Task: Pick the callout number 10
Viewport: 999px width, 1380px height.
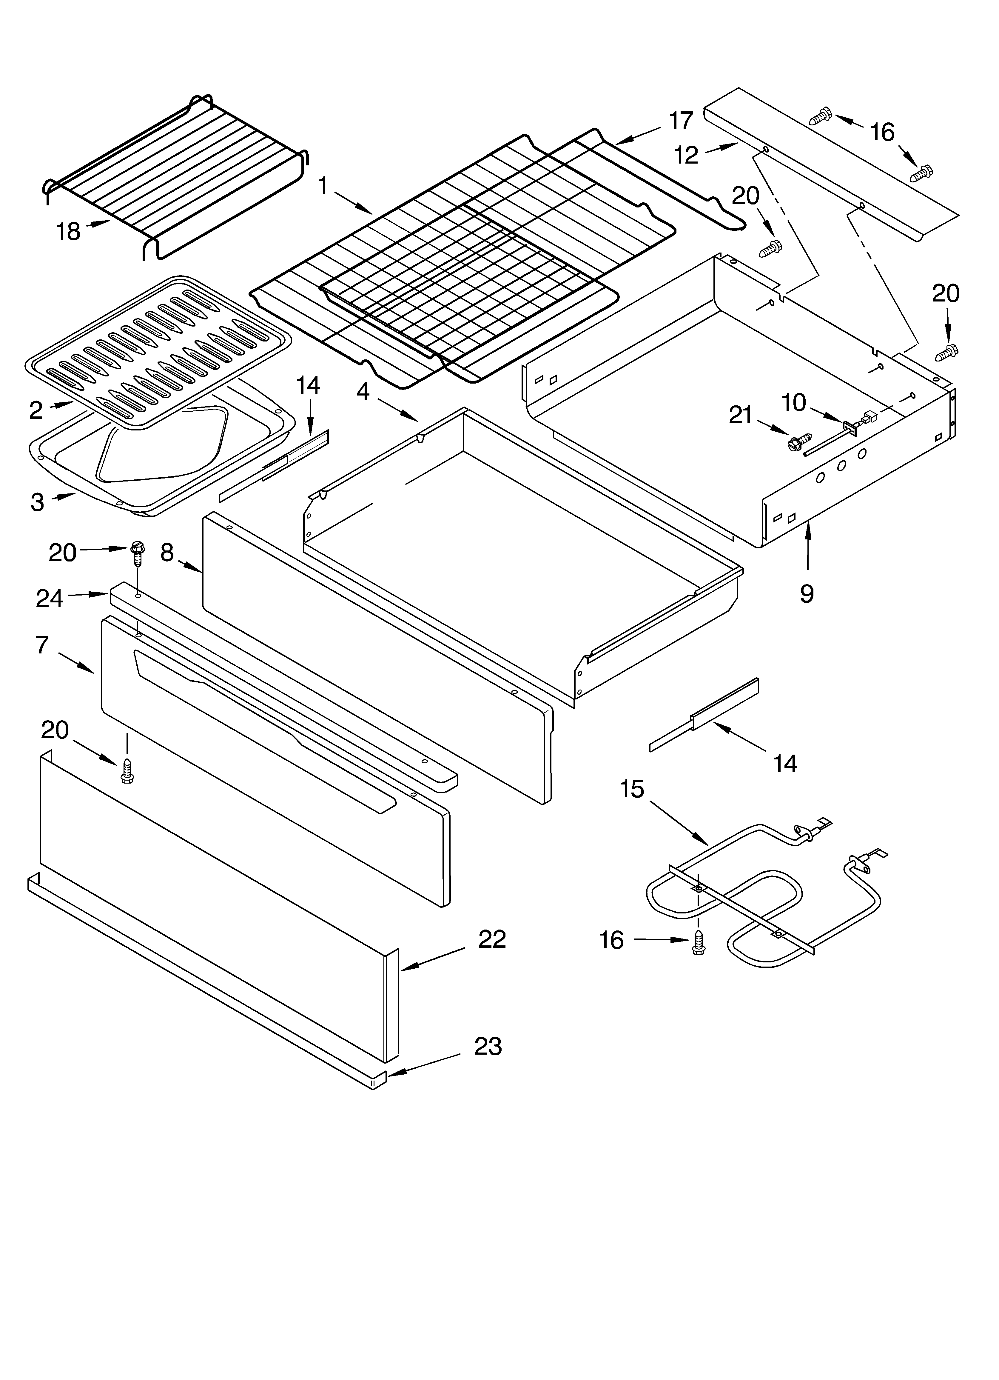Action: click(793, 402)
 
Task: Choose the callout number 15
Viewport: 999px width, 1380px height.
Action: click(631, 789)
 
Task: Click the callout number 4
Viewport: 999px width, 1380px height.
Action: click(363, 391)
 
